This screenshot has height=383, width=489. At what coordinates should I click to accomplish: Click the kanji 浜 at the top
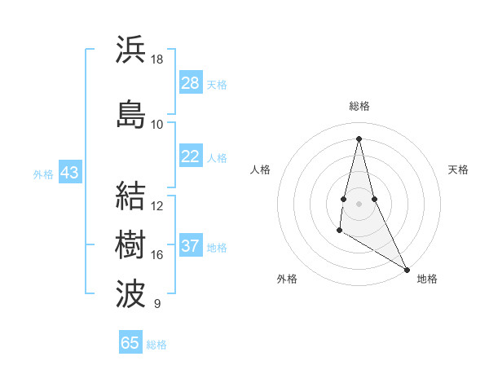coord(131,50)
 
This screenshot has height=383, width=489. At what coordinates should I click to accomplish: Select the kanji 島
coord(131,113)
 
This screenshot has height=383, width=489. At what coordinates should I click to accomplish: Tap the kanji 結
coord(131,196)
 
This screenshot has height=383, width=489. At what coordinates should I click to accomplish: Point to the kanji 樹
coord(131,244)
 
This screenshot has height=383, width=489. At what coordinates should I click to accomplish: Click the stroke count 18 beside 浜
coord(157,59)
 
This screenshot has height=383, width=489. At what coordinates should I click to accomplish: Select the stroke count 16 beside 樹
coord(157,255)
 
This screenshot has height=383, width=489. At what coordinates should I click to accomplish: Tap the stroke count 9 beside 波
coord(156,304)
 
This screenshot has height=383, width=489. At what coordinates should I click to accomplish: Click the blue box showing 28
coord(190,83)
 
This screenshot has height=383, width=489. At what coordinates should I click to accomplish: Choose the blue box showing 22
coord(190,156)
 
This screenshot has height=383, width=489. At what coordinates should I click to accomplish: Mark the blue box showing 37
coord(190,246)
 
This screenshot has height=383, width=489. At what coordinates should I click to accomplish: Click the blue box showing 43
coord(69,173)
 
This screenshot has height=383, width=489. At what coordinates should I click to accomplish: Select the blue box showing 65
coord(130,343)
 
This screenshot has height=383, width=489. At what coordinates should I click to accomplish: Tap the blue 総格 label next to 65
coord(156,345)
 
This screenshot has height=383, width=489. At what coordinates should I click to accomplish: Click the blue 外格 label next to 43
coord(43,174)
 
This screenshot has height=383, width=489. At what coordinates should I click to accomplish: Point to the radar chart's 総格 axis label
coord(359,106)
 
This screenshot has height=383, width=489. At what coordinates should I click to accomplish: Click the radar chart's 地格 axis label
coord(427,279)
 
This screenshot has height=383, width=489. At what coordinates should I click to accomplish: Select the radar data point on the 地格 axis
coord(407,269)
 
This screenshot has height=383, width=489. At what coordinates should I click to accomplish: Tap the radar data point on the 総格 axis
coord(359,138)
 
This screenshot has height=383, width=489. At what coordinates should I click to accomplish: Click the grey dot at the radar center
coord(359,202)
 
